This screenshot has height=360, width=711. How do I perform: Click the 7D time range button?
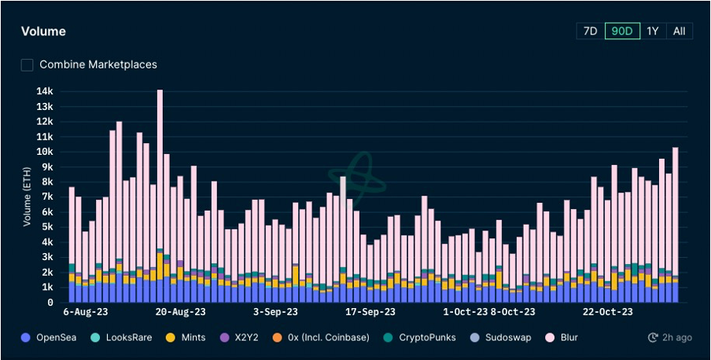point(590,31)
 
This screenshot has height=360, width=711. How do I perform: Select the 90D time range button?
point(622,31)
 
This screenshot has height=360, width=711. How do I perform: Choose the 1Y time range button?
point(653,31)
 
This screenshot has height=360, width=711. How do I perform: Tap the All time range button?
point(679,31)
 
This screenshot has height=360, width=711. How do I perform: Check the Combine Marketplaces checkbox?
point(28,64)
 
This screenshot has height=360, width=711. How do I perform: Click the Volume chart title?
point(43,31)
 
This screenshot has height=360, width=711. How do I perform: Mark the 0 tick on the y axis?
point(50,303)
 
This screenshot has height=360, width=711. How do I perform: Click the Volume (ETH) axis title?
point(27,197)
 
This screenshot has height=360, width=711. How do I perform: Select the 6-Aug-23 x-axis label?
point(86,312)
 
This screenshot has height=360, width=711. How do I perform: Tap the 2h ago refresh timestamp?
point(669,337)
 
